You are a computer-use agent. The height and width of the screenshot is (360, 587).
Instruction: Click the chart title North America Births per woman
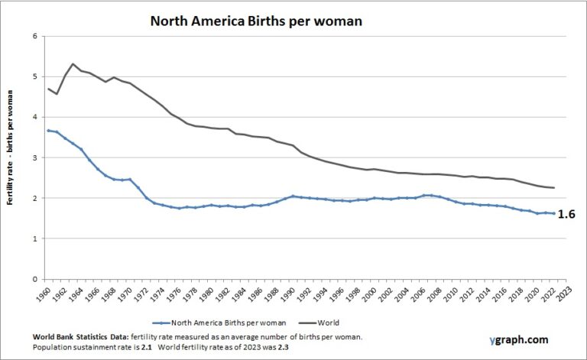click(255, 21)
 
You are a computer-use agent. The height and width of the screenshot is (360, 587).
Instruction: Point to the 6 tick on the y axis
click(34, 36)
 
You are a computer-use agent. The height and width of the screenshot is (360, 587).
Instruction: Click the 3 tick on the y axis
click(34, 157)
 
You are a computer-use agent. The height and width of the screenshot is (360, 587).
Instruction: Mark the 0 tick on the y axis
click(34, 279)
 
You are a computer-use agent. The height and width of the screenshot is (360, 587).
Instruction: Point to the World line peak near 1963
click(73, 64)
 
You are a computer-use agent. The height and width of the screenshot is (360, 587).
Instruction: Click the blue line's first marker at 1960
click(48, 131)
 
